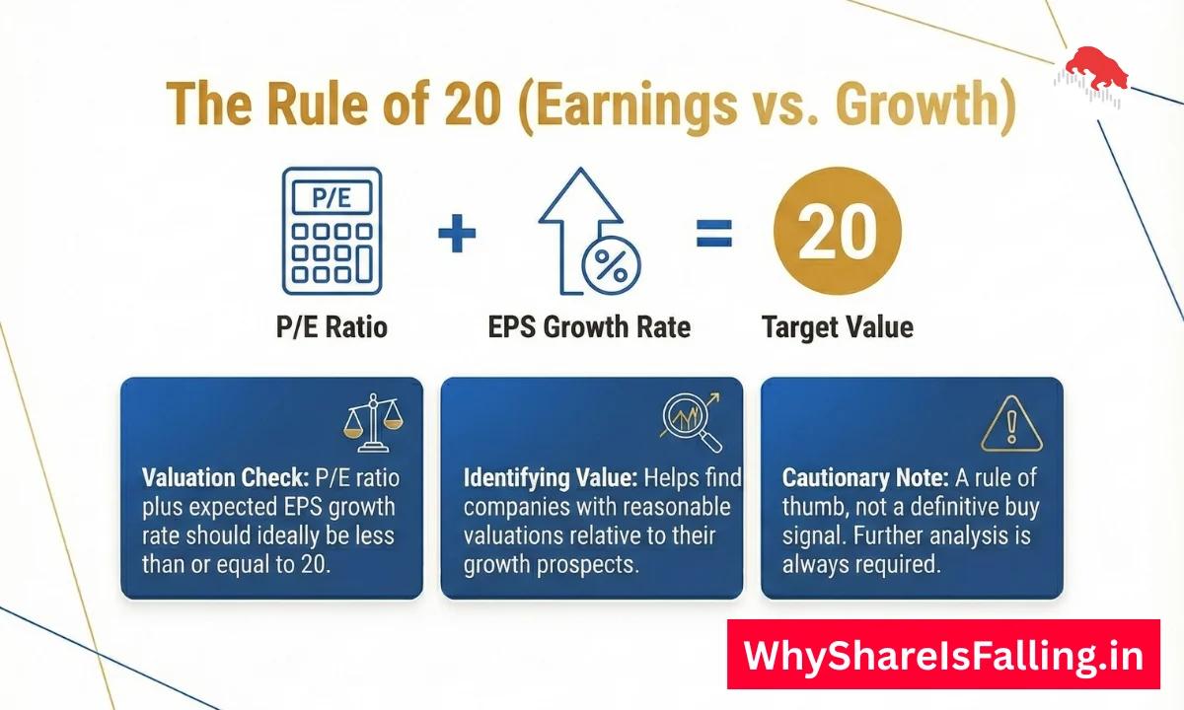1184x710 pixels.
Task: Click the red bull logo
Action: (1096, 71)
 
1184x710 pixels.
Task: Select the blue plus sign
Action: (457, 234)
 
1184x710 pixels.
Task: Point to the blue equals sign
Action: (714, 233)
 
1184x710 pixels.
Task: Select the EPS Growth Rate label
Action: (589, 326)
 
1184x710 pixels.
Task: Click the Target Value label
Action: (837, 326)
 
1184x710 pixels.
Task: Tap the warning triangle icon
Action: (1011, 421)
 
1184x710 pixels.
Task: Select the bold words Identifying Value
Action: (550, 478)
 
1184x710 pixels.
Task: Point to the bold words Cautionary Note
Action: (865, 478)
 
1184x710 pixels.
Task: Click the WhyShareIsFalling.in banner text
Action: (943, 654)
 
